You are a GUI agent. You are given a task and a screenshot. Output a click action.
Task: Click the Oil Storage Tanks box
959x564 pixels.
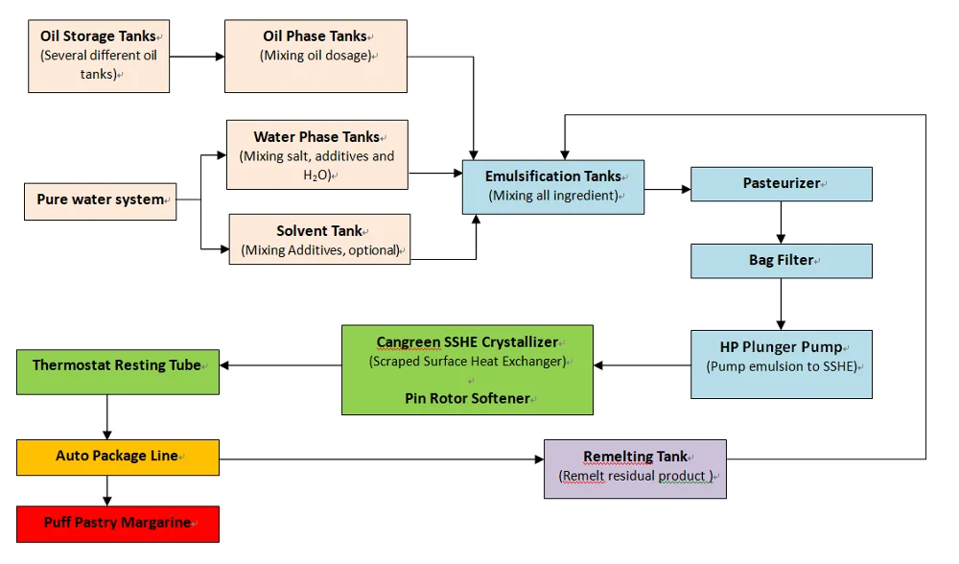tap(98, 56)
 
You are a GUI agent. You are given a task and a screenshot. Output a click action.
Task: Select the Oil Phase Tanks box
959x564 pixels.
tap(316, 56)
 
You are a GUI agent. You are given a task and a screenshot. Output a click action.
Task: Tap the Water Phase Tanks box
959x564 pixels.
tap(316, 154)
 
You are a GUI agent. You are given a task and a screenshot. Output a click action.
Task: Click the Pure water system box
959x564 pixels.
tap(100, 200)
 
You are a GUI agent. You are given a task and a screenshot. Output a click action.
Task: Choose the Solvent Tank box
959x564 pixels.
tap(319, 239)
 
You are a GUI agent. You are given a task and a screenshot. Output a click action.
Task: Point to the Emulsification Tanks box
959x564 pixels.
tap(552, 186)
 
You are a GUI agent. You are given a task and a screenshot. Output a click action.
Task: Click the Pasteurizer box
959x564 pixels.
tap(781, 183)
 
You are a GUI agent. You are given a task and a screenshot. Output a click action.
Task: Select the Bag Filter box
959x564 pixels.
tap(781, 261)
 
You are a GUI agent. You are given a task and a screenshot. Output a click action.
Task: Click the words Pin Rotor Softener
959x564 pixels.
tap(466, 398)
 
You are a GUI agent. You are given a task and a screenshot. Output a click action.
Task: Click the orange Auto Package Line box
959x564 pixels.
tap(117, 457)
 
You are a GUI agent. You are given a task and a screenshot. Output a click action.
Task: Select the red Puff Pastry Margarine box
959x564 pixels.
tap(117, 524)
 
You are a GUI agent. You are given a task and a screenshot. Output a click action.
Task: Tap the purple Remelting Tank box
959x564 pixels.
tap(635, 468)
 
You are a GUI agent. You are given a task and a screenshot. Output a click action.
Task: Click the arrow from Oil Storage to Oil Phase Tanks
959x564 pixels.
tap(197, 57)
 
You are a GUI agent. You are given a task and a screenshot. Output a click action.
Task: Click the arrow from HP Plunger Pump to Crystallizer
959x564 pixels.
tap(642, 365)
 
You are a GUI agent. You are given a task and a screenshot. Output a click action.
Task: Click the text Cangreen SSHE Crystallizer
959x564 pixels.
tap(466, 341)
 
